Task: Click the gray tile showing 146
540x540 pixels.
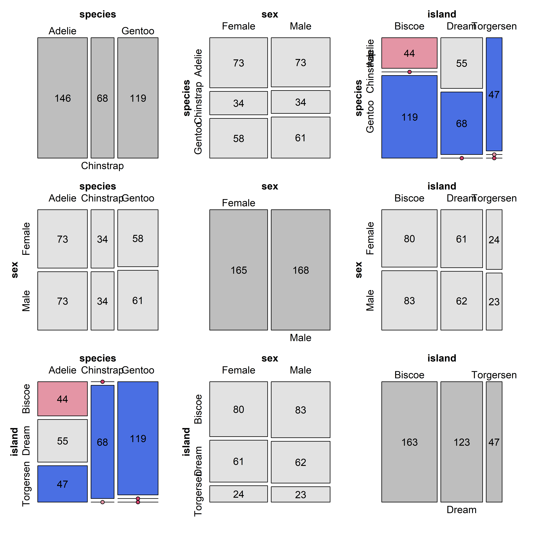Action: [x=62, y=98]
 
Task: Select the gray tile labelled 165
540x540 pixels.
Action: [x=238, y=270]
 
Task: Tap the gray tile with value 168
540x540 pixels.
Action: [x=300, y=270]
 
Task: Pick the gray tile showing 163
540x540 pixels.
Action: [x=409, y=442]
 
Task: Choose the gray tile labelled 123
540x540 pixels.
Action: [x=461, y=442]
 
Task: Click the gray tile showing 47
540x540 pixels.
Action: [x=494, y=442]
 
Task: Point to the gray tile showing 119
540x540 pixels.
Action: [x=138, y=98]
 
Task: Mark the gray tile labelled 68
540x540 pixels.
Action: [x=102, y=98]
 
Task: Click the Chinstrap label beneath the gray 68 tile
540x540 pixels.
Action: [x=102, y=166]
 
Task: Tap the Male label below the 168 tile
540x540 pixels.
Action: [x=300, y=338]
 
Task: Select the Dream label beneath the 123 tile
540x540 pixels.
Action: [x=461, y=509]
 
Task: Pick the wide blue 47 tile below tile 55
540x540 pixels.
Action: [x=62, y=484]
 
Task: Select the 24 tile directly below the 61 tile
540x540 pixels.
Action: [x=238, y=494]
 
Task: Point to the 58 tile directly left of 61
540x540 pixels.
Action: [x=238, y=138]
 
